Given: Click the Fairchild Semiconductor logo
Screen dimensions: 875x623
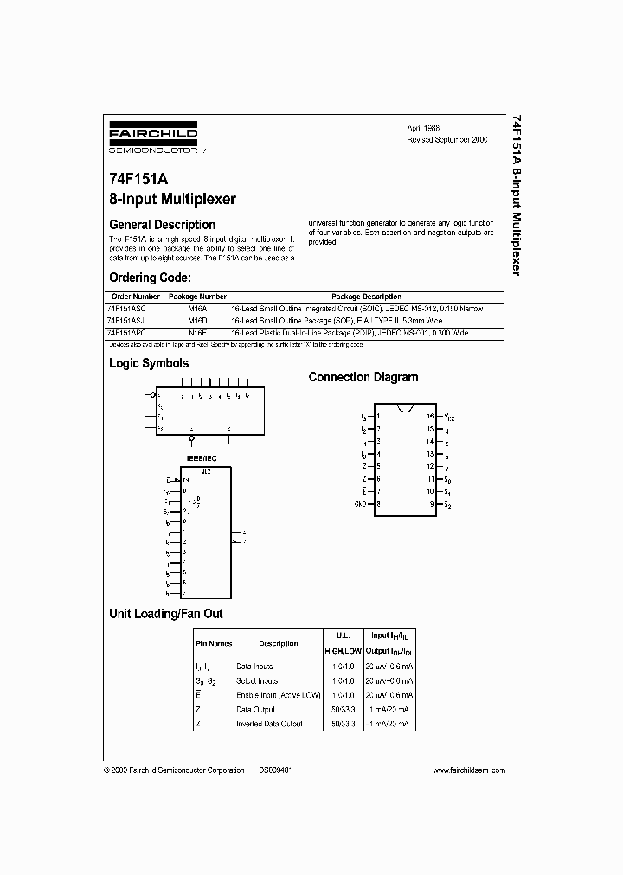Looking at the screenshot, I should pos(152,138).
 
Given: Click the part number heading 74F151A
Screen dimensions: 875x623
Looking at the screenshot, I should pos(138,182).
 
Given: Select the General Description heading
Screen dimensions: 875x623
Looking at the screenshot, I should pos(161,224).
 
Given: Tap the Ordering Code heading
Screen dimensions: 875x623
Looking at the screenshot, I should pos(149,278).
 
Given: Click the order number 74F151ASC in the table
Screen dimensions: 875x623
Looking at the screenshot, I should pos(127,308).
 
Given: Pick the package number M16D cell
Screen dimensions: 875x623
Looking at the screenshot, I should pos(198,320).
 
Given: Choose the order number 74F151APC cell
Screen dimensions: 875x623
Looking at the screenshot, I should pos(127,332).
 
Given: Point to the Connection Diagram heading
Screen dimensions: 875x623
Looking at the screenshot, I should pos(363,377).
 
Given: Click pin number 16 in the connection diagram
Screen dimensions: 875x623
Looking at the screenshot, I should pos(429,416).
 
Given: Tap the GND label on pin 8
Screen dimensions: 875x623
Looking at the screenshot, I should pos(360,503).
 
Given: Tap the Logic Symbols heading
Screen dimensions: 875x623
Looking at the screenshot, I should pos(148,364).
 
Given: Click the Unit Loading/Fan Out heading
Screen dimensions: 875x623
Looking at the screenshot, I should pos(165,614).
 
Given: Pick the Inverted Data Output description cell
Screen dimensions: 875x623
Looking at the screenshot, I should pos(269,724).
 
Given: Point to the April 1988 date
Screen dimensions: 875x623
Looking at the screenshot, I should pos(422,126).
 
